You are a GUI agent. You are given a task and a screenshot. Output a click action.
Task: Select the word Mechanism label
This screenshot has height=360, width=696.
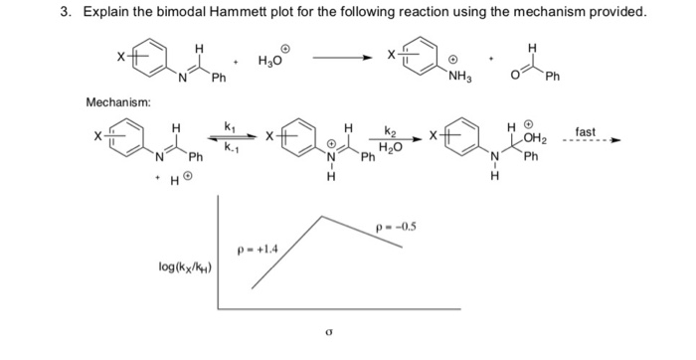click(118, 102)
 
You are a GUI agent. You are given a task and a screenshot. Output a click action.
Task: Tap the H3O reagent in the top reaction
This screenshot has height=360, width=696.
click(271, 61)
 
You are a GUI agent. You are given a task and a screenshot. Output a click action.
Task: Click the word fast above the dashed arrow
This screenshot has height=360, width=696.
click(586, 131)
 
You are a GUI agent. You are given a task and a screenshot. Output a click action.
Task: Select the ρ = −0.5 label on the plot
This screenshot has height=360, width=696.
click(393, 225)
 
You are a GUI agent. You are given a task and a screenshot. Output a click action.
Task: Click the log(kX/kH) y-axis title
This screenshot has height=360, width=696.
click(187, 266)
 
